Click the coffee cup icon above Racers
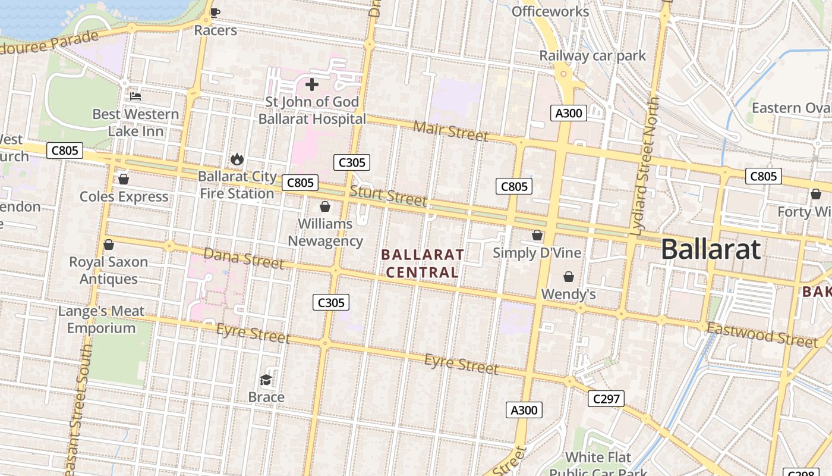[215, 12]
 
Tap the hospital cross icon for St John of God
[312, 84]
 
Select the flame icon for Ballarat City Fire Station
[237, 159]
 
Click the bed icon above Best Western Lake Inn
[135, 96]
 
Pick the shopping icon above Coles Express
[124, 179]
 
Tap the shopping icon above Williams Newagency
[325, 206]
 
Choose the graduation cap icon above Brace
[266, 380]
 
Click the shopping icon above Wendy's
[569, 277]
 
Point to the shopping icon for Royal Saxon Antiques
[109, 245]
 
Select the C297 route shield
[606, 399]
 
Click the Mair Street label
[450, 130]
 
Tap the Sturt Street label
[388, 196]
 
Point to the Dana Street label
[243, 258]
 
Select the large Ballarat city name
[710, 249]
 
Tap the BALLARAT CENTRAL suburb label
[423, 264]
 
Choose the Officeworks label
[550, 11]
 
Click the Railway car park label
[592, 56]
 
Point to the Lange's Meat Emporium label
[101, 320]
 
